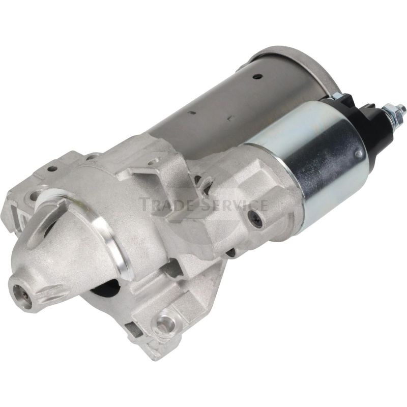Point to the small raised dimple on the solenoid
pos(359,154)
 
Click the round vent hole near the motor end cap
pos(257,76)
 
